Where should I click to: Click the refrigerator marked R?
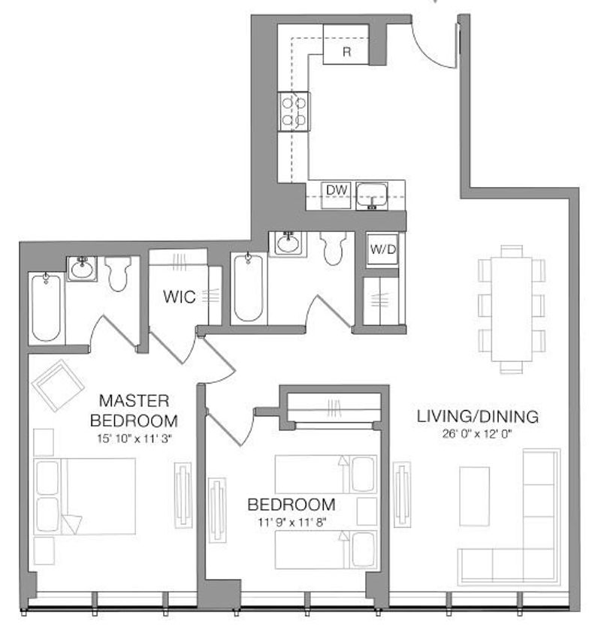coord(346,44)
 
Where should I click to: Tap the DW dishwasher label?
coord(337,190)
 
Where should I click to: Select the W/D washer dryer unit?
coord(382,249)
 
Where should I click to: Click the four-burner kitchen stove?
coord(294,111)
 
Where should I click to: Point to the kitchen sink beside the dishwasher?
coord(372,196)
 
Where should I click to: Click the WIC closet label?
coord(180,297)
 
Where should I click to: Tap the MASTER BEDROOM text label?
coord(134,411)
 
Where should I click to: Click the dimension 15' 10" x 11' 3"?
coord(134,439)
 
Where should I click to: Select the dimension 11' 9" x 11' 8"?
coord(291,522)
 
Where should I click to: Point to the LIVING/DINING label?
coord(478,417)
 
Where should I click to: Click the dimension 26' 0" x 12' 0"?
coord(477,434)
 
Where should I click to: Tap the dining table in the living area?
coord(512,309)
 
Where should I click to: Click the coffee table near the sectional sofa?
coord(474,496)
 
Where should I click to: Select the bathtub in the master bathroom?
coord(47,307)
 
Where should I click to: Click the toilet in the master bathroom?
coord(118,273)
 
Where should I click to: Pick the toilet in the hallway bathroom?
coord(333,249)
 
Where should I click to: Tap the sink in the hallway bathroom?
coord(288,244)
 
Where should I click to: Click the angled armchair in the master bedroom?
coord(58,385)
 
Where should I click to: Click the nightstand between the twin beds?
coord(367,511)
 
